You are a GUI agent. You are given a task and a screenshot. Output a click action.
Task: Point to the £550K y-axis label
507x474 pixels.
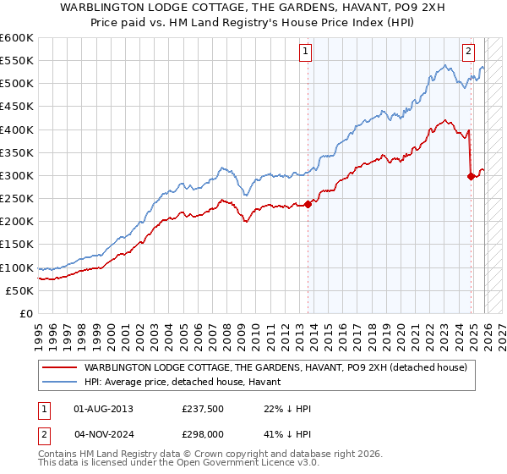pos(17,61)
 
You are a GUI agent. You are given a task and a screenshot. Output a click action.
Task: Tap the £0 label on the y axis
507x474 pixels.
pos(25,314)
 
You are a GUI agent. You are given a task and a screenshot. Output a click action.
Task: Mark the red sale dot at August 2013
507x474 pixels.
pos(308,204)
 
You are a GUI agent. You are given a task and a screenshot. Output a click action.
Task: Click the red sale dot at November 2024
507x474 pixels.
pos(471,176)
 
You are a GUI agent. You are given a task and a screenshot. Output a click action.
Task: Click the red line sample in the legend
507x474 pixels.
pos(59,367)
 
